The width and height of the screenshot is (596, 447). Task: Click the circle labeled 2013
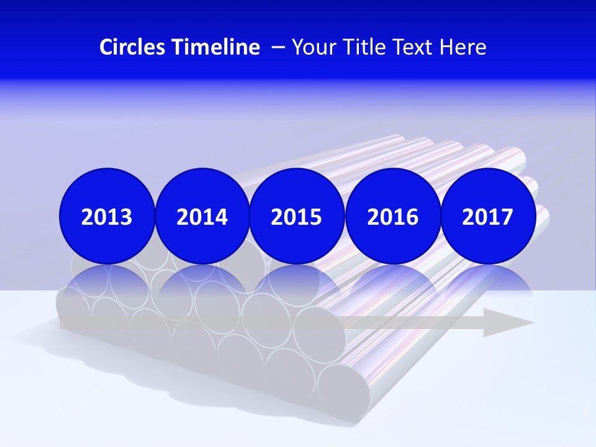tap(107, 216)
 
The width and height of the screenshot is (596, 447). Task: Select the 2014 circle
tap(202, 216)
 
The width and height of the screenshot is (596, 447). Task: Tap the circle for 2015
tap(297, 216)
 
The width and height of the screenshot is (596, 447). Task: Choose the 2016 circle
tap(392, 216)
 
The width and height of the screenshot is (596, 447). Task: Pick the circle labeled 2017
tap(487, 216)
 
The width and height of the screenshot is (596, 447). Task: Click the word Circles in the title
tap(132, 47)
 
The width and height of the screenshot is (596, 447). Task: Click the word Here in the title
tap(463, 47)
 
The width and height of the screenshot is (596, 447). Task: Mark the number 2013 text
tap(107, 217)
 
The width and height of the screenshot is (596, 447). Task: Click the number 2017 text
tap(487, 217)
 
